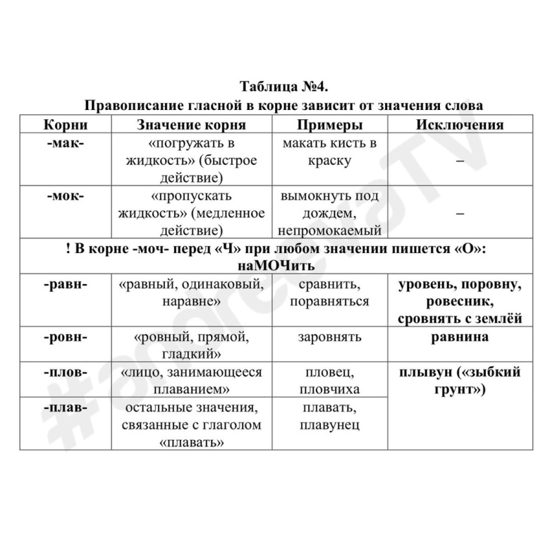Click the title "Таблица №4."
click(x=284, y=87)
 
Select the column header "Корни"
click(x=65, y=125)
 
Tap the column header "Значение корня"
click(x=190, y=125)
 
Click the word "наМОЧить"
click(x=284, y=266)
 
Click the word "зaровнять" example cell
click(x=329, y=336)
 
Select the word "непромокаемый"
click(x=329, y=231)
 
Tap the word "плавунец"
click(x=329, y=425)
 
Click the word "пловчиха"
click(x=329, y=389)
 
